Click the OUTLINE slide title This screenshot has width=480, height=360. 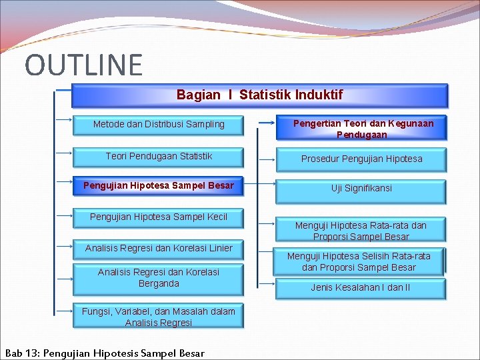click(x=83, y=65)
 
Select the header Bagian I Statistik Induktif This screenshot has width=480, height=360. click(x=259, y=95)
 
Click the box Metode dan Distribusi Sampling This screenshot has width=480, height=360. click(x=159, y=124)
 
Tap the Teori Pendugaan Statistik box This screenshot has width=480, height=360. click(x=159, y=156)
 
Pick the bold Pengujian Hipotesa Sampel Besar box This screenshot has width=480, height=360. click(x=159, y=185)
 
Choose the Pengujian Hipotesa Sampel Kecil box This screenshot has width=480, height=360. click(x=159, y=217)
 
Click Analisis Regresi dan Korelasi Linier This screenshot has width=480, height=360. click(x=159, y=248)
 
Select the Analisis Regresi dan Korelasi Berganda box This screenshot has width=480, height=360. click(x=159, y=278)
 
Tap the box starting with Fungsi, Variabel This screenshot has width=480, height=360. click(x=159, y=317)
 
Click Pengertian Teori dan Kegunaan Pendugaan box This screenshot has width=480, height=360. click(x=361, y=128)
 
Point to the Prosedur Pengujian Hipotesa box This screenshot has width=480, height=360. click(x=361, y=159)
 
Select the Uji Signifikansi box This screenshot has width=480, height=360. click(x=361, y=189)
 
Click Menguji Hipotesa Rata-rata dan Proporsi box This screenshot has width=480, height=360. click(x=361, y=230)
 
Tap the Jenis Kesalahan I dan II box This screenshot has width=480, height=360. click(x=361, y=287)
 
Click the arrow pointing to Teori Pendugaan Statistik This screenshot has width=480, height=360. click(x=64, y=153)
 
